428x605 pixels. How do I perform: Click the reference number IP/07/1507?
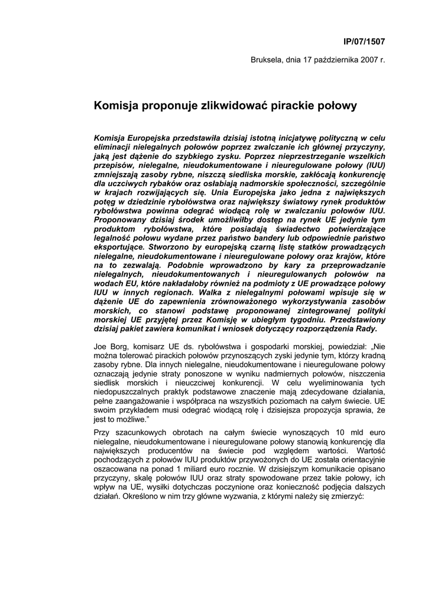pos(364,41)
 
